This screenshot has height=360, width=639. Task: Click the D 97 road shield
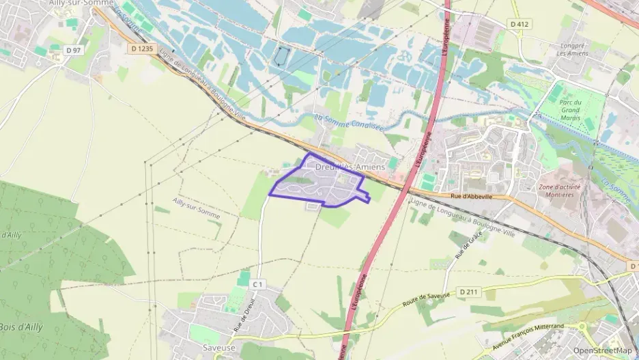72,50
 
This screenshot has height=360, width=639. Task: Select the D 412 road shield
520,24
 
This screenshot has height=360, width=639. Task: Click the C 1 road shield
257,283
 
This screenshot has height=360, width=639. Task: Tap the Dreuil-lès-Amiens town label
350,167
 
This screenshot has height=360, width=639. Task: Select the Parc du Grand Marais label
570,110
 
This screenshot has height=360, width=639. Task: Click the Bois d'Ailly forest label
20,327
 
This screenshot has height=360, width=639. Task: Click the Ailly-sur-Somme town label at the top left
81,3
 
